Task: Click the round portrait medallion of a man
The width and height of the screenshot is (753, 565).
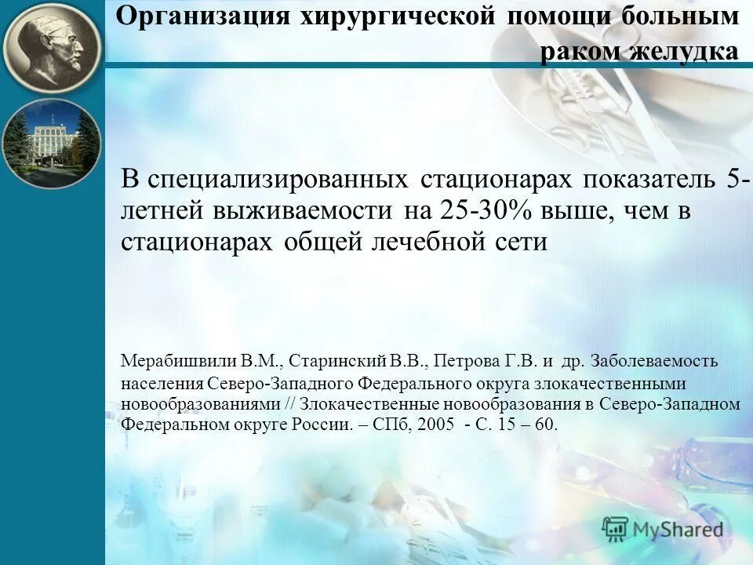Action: (x=52, y=46)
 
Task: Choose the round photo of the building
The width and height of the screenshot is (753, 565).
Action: (x=52, y=144)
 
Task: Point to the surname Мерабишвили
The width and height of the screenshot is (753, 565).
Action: (x=179, y=362)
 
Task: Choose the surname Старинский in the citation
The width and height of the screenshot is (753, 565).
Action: (x=339, y=362)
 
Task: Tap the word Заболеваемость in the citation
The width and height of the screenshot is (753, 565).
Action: (x=653, y=362)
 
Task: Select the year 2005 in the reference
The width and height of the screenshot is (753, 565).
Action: (x=436, y=425)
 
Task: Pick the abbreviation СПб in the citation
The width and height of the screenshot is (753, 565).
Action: (x=387, y=425)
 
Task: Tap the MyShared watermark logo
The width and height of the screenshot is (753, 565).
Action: (x=663, y=530)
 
